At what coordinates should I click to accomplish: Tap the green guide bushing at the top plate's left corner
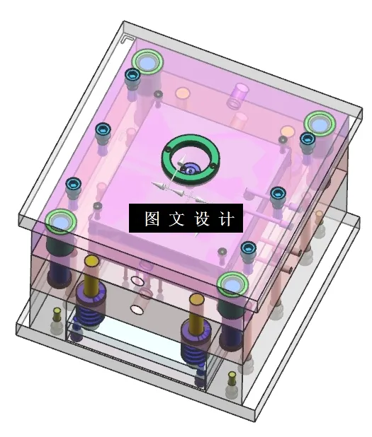(x=60, y=222)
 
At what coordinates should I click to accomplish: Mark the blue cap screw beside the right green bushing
(x=306, y=139)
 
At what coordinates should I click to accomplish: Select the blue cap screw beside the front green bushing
(x=248, y=248)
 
